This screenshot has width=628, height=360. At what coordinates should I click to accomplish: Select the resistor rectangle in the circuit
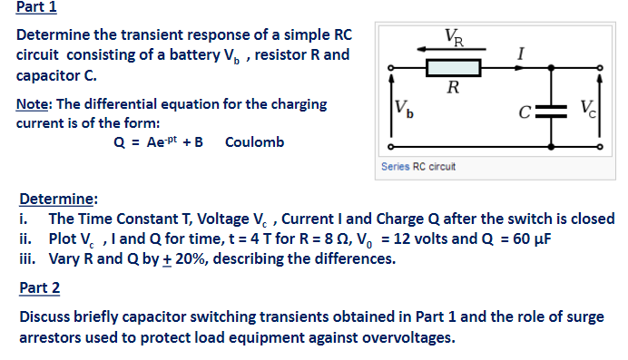pyautogui.click(x=452, y=68)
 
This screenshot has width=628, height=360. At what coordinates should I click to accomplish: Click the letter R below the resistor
pyautogui.click(x=452, y=89)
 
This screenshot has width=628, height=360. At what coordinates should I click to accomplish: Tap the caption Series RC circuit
pyautogui.click(x=418, y=167)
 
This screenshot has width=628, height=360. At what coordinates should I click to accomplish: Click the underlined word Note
pyautogui.click(x=32, y=103)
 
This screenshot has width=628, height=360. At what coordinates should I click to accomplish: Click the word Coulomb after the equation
pyautogui.click(x=254, y=142)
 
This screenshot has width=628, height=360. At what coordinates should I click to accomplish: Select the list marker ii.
pyautogui.click(x=25, y=239)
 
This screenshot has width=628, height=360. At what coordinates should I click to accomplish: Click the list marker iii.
pyautogui.click(x=27, y=258)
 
